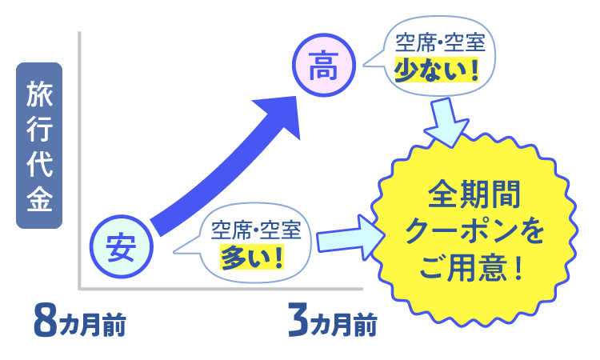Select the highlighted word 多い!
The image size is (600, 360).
pos(253,257)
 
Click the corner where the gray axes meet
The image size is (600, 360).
pos(80,288)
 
